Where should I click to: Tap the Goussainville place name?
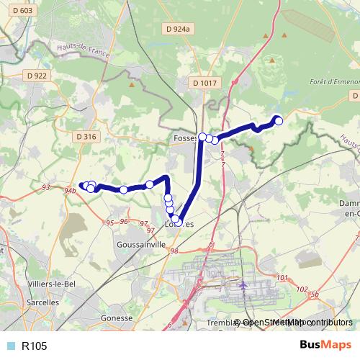point(140,245)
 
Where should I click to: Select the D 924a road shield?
point(176,30)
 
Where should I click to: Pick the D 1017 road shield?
point(204,84)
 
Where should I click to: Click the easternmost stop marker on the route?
point(279,121)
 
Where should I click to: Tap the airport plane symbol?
point(243,286)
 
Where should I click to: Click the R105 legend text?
point(35,346)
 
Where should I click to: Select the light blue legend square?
point(11,346)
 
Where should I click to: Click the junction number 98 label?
point(173,250)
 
